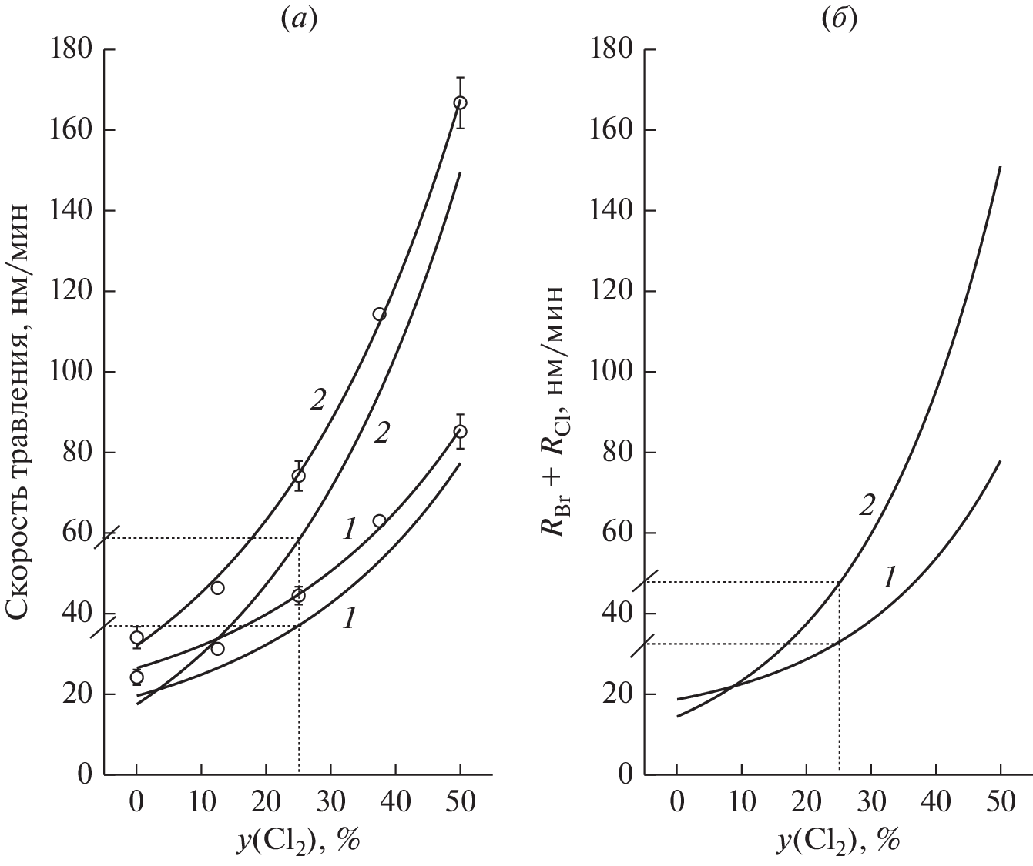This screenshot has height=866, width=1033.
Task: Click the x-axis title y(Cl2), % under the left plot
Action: (298, 836)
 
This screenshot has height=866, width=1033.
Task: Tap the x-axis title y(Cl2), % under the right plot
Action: (838, 836)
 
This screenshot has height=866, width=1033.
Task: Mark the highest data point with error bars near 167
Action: (460, 102)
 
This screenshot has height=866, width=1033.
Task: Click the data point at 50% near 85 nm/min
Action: (460, 431)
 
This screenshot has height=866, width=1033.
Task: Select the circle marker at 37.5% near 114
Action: (379, 314)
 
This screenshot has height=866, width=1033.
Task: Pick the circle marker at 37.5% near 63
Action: (379, 521)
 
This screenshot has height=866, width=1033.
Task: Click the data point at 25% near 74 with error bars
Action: (298, 476)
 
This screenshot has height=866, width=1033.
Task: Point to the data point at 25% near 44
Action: (298, 595)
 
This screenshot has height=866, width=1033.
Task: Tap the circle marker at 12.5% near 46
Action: (217, 588)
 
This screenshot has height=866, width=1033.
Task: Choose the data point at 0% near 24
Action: (136, 677)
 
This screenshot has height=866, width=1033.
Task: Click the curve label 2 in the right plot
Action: (867, 505)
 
